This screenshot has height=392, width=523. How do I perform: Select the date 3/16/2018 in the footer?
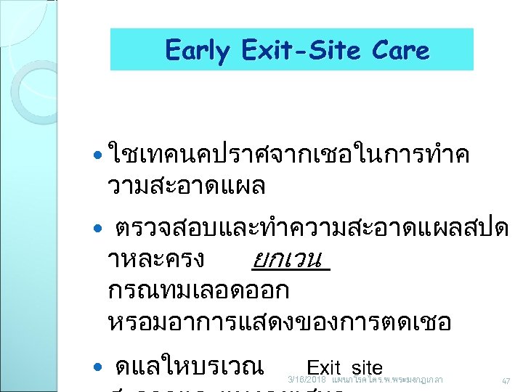pos(307,380)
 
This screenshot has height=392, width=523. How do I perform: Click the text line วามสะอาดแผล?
pos(186,186)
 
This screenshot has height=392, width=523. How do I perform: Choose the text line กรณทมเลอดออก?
pos(198,290)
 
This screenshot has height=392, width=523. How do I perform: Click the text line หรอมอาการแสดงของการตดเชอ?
pos(279,322)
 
